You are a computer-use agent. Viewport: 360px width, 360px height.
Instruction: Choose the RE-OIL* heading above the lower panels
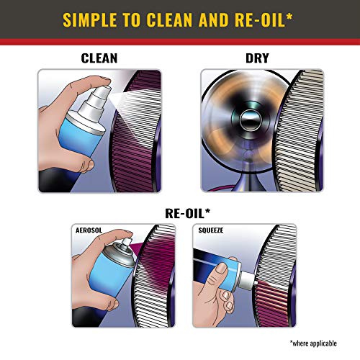pos(180,212)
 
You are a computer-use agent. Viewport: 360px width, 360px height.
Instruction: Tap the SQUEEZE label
pos(212,231)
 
